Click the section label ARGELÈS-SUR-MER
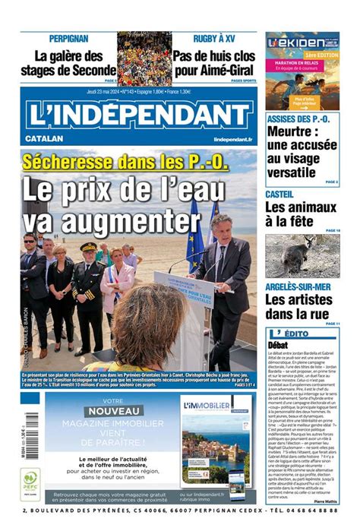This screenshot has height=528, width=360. [x=298, y=286]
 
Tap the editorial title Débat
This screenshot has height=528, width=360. [x=278, y=344]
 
